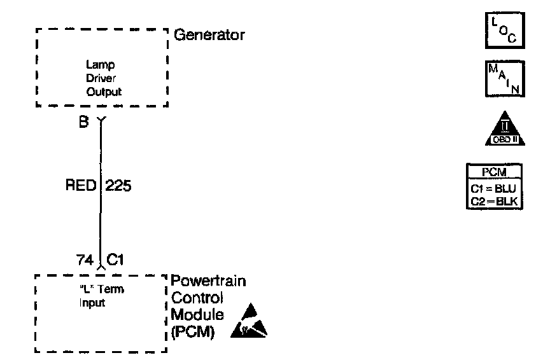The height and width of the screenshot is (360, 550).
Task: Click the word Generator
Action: (209, 35)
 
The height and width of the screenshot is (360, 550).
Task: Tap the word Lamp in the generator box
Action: (95, 65)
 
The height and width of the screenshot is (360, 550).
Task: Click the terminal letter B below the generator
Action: (83, 122)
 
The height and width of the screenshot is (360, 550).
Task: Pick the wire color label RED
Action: (80, 186)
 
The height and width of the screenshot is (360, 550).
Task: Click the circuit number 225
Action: (118, 186)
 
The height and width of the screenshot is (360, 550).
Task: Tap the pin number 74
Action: (83, 260)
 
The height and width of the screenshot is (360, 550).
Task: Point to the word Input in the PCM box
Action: (92, 303)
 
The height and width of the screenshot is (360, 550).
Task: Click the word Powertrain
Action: (209, 282)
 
